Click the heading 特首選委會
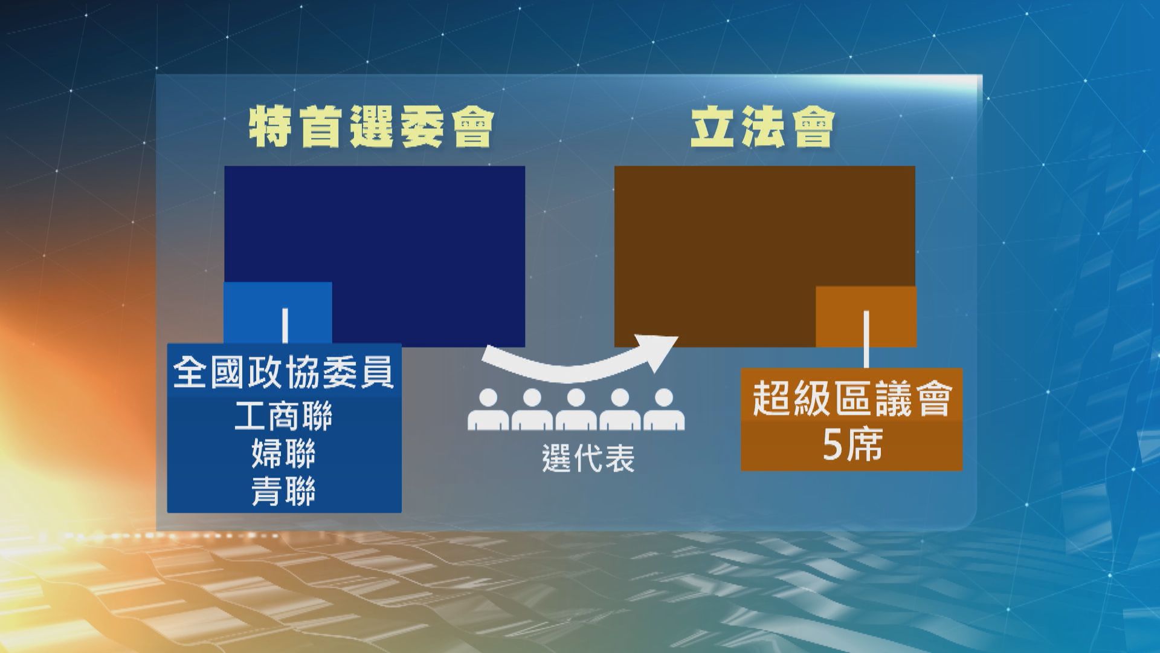371,128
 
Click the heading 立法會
762,128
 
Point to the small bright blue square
278,313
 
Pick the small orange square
866,317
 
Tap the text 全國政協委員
284,372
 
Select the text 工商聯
283,417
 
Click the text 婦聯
283,454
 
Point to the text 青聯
283,492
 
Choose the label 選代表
588,458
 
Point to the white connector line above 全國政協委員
285,326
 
